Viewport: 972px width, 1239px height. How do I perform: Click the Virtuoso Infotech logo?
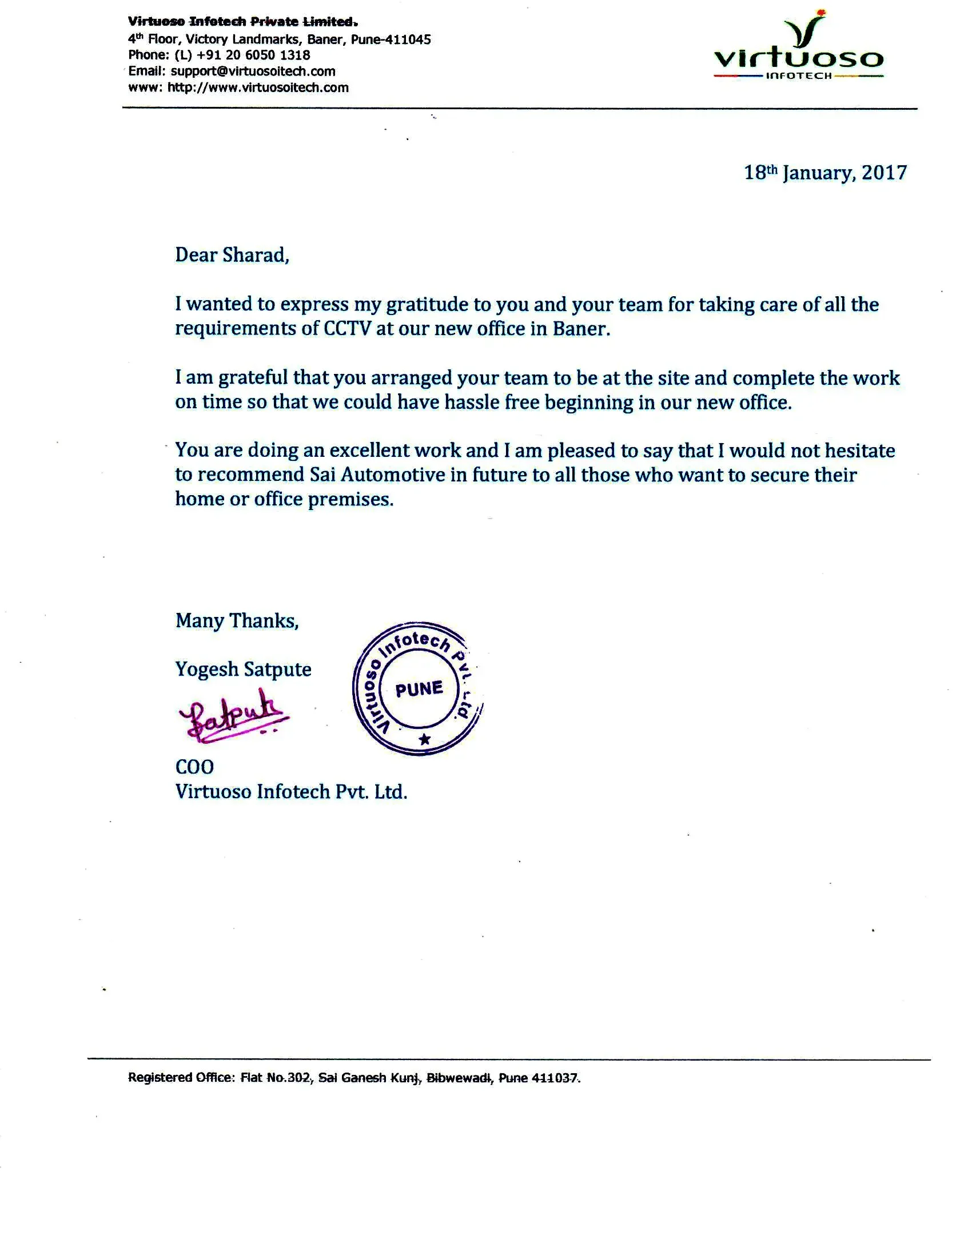pos(799,49)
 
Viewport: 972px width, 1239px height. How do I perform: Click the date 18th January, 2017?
pos(825,173)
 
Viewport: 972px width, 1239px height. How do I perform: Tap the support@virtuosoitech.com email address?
pos(253,71)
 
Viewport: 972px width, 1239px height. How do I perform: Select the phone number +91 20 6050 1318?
pos(253,55)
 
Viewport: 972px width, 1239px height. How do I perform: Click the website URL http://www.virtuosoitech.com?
pos(258,88)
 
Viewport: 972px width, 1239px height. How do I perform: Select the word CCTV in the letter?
pos(348,329)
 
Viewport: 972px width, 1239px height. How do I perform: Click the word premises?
pos(350,500)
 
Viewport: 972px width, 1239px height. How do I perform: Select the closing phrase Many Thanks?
pos(237,621)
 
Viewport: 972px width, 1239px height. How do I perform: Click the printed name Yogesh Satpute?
pos(243,670)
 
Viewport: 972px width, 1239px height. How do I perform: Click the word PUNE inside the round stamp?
pos(419,689)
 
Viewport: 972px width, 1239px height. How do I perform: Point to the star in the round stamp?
pos(424,739)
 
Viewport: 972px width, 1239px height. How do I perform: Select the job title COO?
pos(194,767)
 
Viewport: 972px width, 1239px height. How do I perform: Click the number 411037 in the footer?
pos(555,1078)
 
